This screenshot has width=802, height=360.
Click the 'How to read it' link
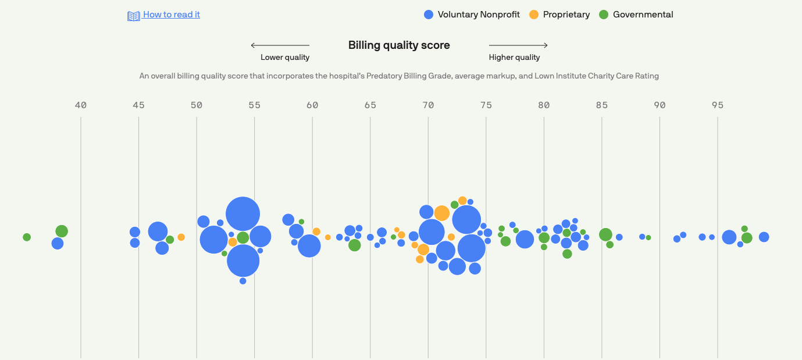tap(171, 15)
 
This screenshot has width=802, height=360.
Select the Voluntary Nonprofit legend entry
tap(472, 15)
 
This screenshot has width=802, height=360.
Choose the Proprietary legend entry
tap(559, 15)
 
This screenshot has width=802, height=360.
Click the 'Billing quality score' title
tap(399, 45)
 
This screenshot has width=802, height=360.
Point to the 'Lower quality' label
tap(285, 58)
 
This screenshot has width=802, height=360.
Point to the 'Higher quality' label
tap(514, 58)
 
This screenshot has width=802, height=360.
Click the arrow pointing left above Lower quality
tap(280, 45)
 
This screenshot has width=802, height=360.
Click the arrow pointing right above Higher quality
tap(518, 45)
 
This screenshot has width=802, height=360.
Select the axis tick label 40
tap(81, 105)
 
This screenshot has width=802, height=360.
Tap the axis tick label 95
tap(718, 105)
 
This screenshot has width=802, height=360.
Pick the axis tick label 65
tap(370, 105)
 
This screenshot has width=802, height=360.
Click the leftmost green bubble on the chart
tap(27, 237)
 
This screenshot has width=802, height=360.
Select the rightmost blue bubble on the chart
tap(764, 237)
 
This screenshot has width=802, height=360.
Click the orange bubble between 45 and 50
tap(181, 237)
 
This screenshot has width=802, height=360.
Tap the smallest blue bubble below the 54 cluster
tap(243, 281)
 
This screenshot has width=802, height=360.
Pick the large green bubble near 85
tap(605, 234)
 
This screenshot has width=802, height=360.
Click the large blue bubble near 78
tap(525, 239)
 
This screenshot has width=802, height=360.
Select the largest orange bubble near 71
tap(442, 213)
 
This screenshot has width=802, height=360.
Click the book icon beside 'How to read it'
tap(134, 16)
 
